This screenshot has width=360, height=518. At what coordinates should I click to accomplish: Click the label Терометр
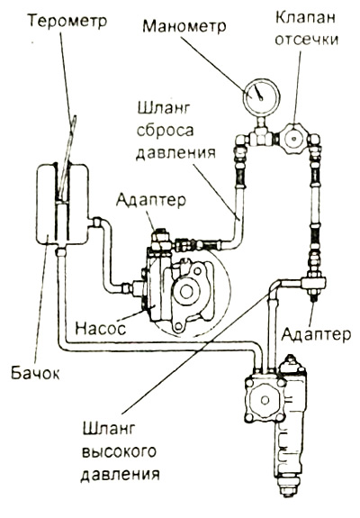(x=67, y=21)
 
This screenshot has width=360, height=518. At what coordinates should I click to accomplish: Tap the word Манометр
(x=184, y=26)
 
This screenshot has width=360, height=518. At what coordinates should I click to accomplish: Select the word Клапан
(x=305, y=18)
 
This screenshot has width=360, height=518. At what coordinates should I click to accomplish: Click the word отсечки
(x=306, y=40)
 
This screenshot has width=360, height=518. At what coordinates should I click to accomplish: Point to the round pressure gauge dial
(x=261, y=96)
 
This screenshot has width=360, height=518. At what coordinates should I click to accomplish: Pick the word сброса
(x=165, y=131)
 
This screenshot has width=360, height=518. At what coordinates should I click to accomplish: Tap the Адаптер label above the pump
(x=151, y=201)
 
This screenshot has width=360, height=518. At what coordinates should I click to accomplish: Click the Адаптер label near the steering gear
(x=316, y=334)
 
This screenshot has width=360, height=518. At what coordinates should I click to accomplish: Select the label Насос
(x=101, y=329)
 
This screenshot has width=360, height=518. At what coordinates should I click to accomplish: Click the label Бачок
(x=35, y=373)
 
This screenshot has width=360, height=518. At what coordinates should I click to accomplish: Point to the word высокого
(x=119, y=452)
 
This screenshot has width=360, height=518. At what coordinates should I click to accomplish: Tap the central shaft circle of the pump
(x=185, y=291)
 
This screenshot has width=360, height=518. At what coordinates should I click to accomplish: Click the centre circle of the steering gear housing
(x=265, y=400)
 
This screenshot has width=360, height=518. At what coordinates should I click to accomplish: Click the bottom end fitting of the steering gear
(x=288, y=488)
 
